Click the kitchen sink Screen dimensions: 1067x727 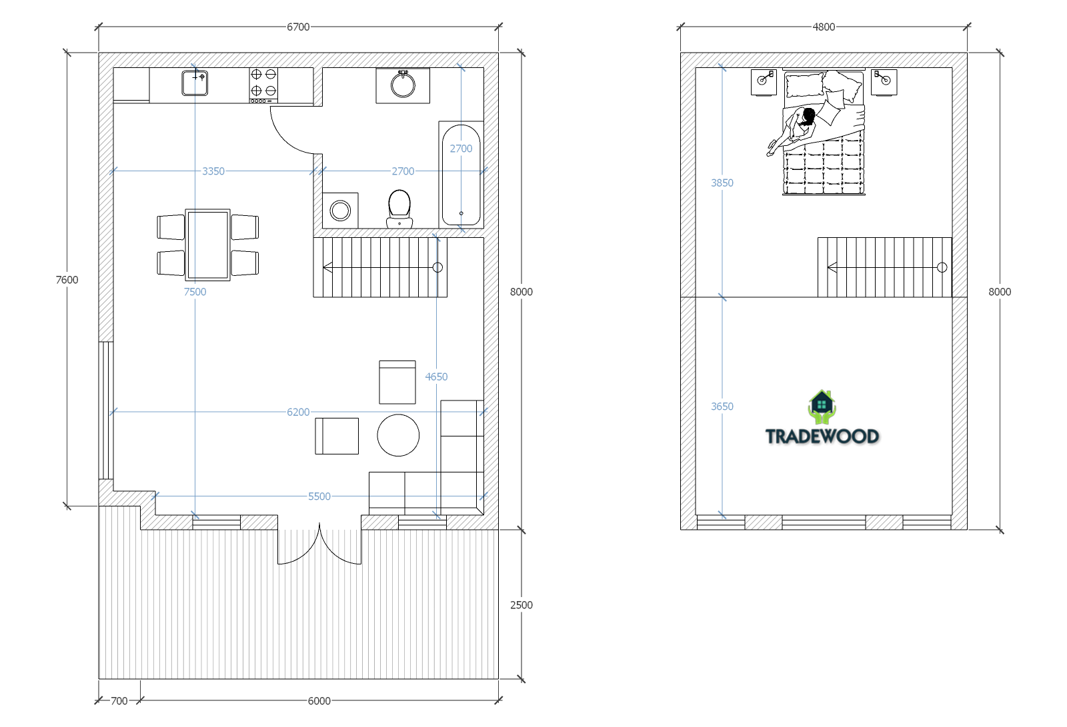click(x=195, y=83)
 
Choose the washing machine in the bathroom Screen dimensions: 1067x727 click(x=340, y=211)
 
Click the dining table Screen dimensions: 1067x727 click(x=207, y=245)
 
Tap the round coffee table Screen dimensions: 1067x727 click(x=398, y=435)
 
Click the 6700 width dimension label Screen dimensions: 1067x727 click(x=298, y=27)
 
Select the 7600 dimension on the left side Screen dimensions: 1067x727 click(x=67, y=280)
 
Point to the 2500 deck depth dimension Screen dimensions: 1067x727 click(x=521, y=605)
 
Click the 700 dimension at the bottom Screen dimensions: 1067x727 click(x=119, y=701)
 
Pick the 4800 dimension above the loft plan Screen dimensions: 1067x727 click(x=824, y=27)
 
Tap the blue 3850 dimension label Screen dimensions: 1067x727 click(x=722, y=183)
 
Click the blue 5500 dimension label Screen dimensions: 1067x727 click(x=319, y=496)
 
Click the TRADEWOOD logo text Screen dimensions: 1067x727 click(x=822, y=436)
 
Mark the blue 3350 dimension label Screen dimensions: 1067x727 click(x=213, y=171)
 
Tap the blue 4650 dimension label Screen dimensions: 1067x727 click(x=436, y=377)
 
